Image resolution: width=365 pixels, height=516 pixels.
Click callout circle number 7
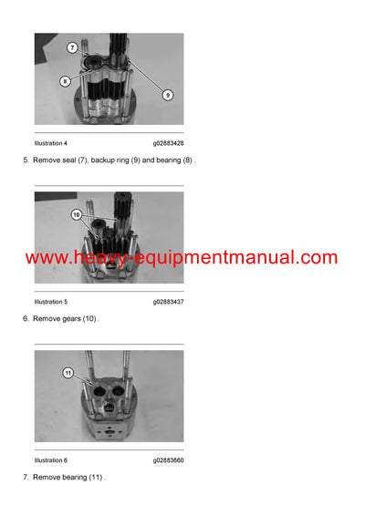click(71, 47)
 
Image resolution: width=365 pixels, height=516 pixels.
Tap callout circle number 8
click(65, 81)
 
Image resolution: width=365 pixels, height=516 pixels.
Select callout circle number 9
click(168, 94)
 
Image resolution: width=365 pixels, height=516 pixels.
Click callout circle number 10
click(76, 215)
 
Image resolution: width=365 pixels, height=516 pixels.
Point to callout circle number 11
click(68, 373)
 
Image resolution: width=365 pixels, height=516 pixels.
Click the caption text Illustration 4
click(50, 143)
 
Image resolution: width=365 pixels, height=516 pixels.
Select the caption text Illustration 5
click(50, 301)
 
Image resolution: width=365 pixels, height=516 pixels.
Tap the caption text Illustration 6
click(50, 459)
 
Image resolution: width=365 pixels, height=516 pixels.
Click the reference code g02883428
click(168, 143)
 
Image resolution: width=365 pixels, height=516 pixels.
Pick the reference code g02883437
click(168, 301)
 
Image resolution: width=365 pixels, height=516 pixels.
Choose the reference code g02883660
click(168, 459)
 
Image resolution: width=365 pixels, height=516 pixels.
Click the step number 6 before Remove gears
click(25, 319)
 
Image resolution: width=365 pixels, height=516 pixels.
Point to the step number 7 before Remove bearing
click(25, 477)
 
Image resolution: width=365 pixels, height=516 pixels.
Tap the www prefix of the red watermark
click(46, 258)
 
